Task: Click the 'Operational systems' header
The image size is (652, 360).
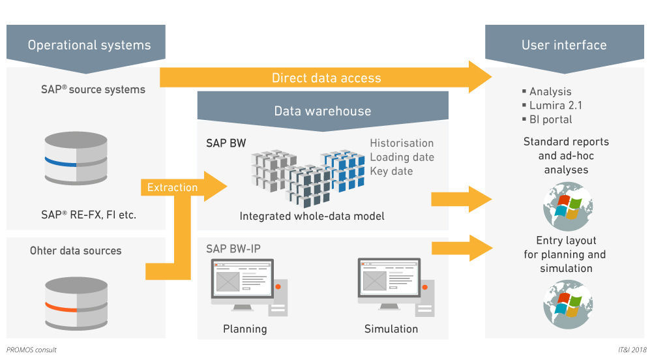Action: point(89,45)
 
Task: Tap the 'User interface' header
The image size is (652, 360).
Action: point(564,45)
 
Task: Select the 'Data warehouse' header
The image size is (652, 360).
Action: point(322,111)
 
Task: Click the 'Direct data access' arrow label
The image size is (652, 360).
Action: point(326,78)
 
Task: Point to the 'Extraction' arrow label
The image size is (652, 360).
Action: point(172,188)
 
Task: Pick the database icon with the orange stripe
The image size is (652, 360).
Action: point(76,302)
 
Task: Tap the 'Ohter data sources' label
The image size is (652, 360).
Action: point(76,250)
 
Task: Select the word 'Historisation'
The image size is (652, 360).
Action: point(401,143)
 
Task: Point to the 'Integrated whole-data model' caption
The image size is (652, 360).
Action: point(312,216)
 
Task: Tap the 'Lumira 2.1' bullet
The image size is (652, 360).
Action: point(554,106)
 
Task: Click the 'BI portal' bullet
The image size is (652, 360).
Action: point(551,119)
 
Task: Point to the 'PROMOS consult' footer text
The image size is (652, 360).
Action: point(32,350)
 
